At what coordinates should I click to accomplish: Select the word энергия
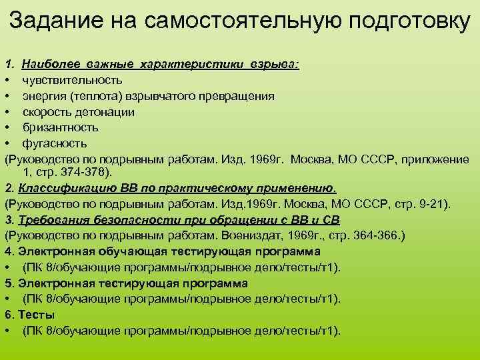(x=43, y=96)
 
